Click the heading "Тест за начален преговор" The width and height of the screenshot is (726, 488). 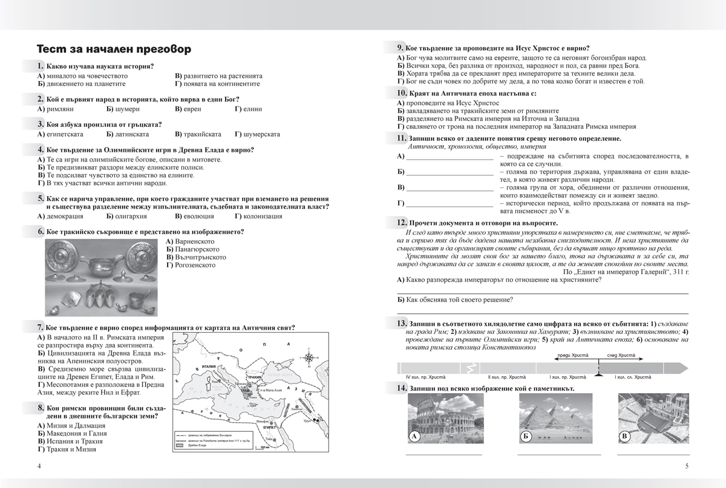point(114,49)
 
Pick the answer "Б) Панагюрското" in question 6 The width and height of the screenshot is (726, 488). point(192,249)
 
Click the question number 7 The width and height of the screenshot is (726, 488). point(40,328)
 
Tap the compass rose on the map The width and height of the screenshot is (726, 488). point(309,356)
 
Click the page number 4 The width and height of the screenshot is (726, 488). point(39,466)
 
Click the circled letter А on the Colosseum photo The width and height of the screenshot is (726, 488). point(415,437)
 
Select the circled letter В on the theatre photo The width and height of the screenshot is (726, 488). point(624,437)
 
